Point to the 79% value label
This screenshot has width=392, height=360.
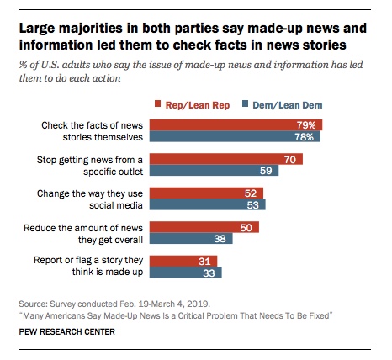tap(310, 125)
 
